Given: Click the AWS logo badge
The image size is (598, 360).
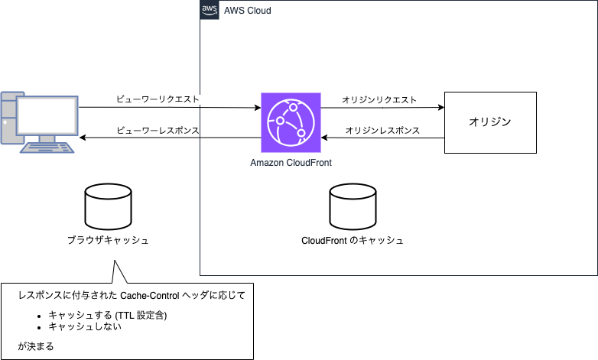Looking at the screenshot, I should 209,10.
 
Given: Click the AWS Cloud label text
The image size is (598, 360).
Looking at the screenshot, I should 247,11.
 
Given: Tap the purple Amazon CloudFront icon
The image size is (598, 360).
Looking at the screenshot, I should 291,123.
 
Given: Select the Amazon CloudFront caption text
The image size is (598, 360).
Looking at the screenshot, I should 291,163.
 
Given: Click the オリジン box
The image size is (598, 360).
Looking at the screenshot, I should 489,122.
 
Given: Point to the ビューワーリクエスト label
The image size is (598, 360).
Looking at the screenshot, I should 158,99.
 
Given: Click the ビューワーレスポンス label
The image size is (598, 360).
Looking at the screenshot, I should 158,130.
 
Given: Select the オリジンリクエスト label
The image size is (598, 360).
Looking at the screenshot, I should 379,99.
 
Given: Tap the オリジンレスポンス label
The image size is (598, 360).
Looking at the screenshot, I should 382,130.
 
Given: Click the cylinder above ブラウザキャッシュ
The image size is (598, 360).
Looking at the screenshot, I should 107,206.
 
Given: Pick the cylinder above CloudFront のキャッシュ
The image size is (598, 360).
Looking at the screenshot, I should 353,206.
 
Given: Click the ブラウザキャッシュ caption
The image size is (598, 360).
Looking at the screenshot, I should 107,240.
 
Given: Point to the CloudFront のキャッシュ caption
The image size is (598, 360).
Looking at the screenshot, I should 353,240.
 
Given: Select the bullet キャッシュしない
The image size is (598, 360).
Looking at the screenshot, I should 85,327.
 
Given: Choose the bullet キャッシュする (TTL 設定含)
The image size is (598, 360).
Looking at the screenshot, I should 107,315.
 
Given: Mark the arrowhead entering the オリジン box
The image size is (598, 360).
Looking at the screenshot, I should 441,108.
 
